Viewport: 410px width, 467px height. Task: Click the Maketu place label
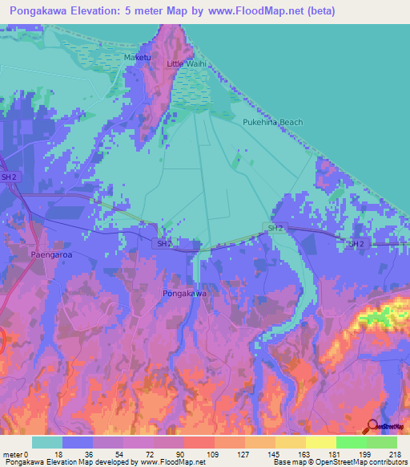pyautogui.click(x=138, y=59)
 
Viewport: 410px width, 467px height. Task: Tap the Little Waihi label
pyautogui.click(x=186, y=63)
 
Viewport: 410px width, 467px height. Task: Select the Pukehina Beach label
pyautogui.click(x=273, y=123)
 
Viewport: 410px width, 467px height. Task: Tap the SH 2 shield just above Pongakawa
pyautogui.click(x=163, y=243)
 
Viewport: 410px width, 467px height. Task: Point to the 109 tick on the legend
pyautogui.click(x=214, y=453)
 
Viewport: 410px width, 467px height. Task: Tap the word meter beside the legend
pyautogui.click(x=13, y=453)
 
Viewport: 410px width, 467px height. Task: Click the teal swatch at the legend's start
pyautogui.click(x=47, y=442)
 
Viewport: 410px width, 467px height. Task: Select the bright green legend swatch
pyautogui.click(x=351, y=442)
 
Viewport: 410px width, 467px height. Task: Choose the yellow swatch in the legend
pyautogui.click(x=321, y=442)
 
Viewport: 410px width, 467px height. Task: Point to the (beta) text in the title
pyautogui.click(x=319, y=11)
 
